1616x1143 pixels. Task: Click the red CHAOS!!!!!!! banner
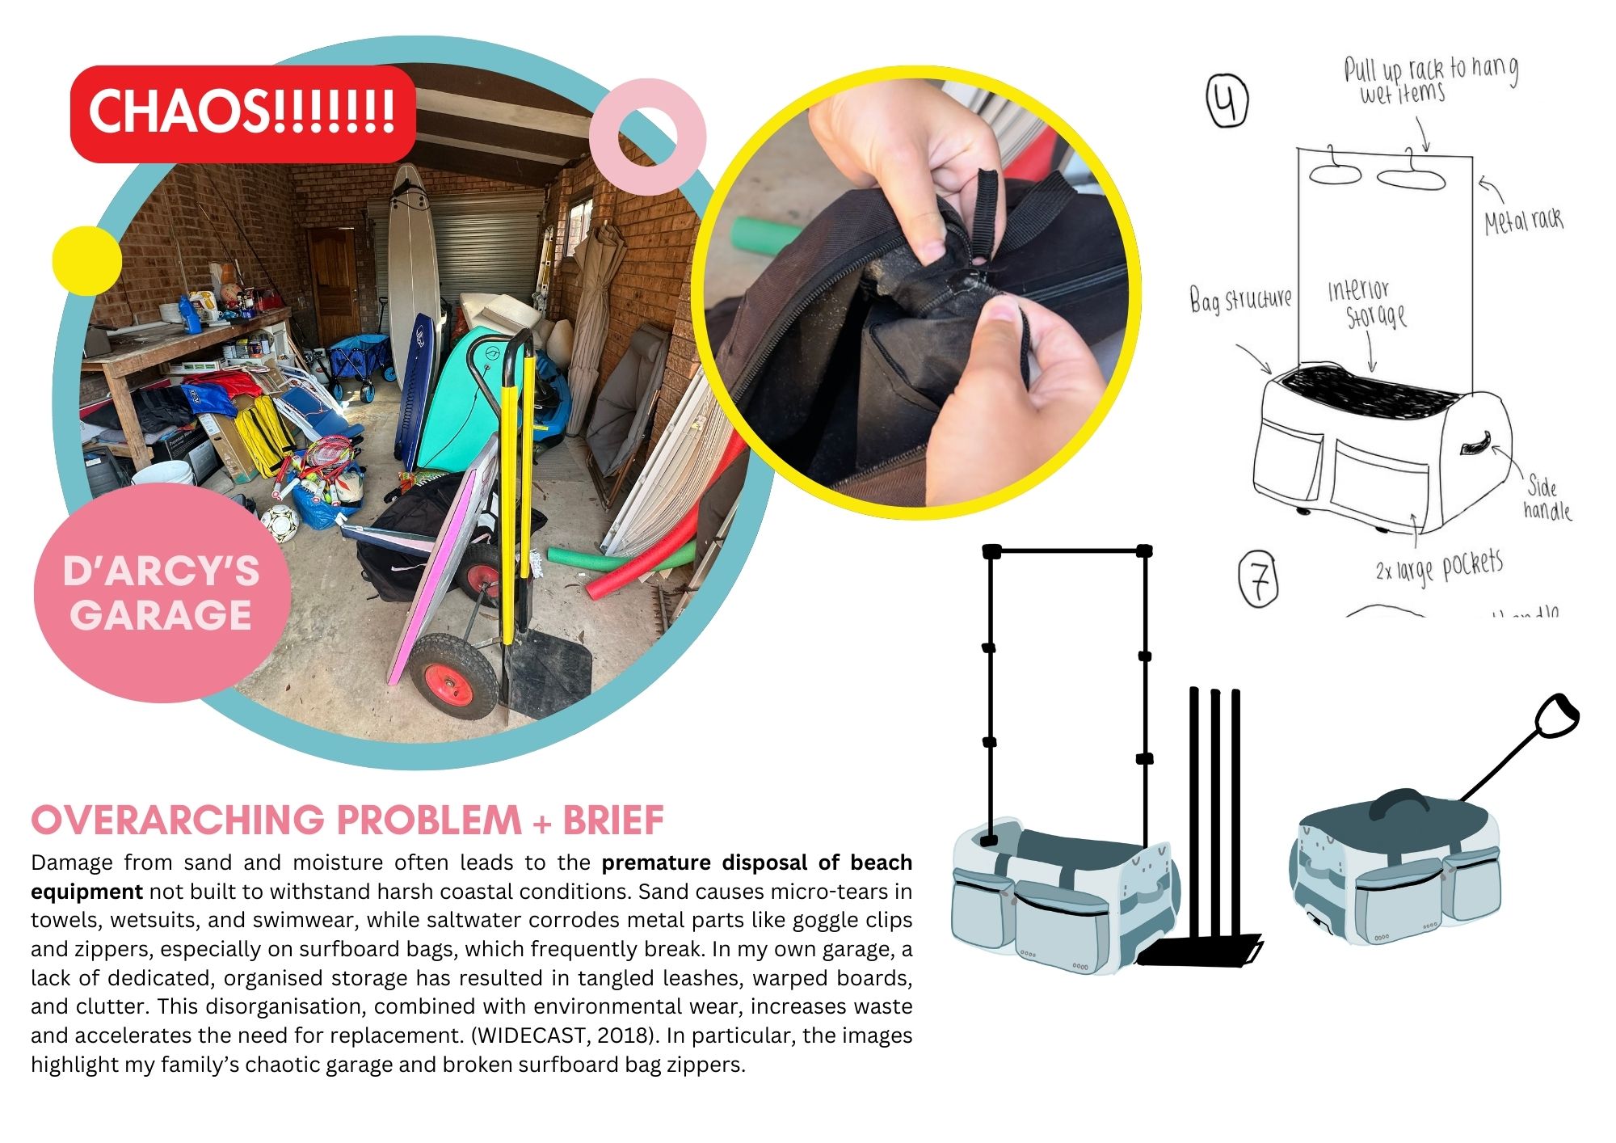pyautogui.click(x=243, y=114)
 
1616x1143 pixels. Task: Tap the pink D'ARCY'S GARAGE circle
pyautogui.click(x=162, y=593)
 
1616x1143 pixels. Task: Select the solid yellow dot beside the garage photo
pyautogui.click(x=86, y=261)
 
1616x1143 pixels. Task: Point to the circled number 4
pyautogui.click(x=1227, y=101)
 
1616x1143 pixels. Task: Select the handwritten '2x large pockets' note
pyautogui.click(x=1439, y=566)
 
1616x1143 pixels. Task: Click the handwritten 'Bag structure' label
pyautogui.click(x=1241, y=299)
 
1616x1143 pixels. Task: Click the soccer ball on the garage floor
pyautogui.click(x=280, y=523)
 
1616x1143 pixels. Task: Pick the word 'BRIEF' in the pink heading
pyautogui.click(x=613, y=820)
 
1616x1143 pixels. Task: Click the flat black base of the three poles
pyautogui.click(x=1200, y=950)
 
